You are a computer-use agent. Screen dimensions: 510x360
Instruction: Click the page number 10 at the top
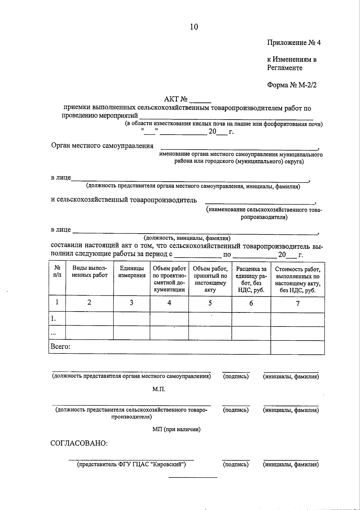194,27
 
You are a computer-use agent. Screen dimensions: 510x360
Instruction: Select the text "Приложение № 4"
294,43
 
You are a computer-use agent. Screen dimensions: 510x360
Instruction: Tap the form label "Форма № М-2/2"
292,85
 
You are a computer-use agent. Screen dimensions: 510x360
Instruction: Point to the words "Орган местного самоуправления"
102,146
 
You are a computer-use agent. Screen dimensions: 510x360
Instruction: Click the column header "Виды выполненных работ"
89,272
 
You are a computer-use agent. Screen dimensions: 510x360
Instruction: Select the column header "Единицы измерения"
131,272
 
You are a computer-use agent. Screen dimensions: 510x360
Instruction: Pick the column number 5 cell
210,303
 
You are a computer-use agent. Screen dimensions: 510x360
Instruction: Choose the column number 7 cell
298,304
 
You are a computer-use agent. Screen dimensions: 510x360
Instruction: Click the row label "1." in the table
54,319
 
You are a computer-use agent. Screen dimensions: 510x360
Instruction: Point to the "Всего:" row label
60,347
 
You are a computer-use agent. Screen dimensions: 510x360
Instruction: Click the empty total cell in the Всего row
298,347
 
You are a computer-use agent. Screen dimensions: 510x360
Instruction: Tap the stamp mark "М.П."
159,389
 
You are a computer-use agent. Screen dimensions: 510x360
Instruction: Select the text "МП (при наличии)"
176,429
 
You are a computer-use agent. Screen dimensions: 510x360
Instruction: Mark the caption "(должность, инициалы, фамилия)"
187,238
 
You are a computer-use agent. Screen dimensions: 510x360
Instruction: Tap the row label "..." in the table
53,333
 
